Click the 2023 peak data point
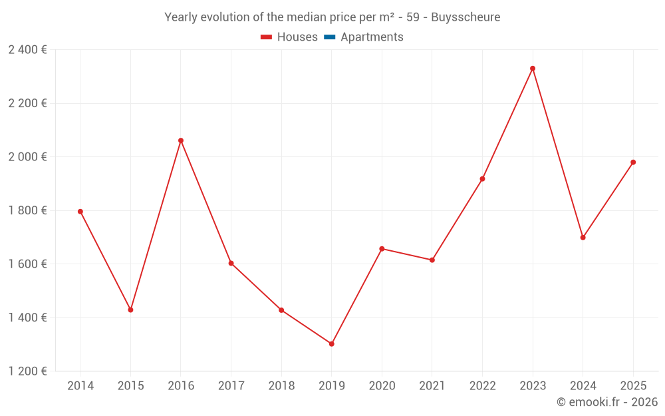pyautogui.click(x=533, y=69)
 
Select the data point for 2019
pyautogui.click(x=331, y=344)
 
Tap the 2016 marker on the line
pyautogui.click(x=181, y=140)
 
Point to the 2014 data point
pyautogui.click(x=80, y=212)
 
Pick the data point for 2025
pyautogui.click(x=633, y=162)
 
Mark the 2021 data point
pyautogui.click(x=432, y=260)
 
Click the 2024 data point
pyautogui.click(x=583, y=238)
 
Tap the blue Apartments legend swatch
pyautogui.click(x=329, y=37)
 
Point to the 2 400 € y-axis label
pyautogui.click(x=27, y=50)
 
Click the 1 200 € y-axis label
pyautogui.click(x=27, y=371)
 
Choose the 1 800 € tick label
pyautogui.click(x=27, y=210)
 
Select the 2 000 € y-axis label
pyautogui.click(x=27, y=157)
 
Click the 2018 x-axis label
pyautogui.click(x=281, y=386)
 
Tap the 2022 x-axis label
pyautogui.click(x=482, y=386)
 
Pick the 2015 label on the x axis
pyautogui.click(x=130, y=386)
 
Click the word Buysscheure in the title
pyautogui.click(x=465, y=17)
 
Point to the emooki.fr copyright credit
pyautogui.click(x=607, y=402)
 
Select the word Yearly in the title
pyautogui.click(x=181, y=17)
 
